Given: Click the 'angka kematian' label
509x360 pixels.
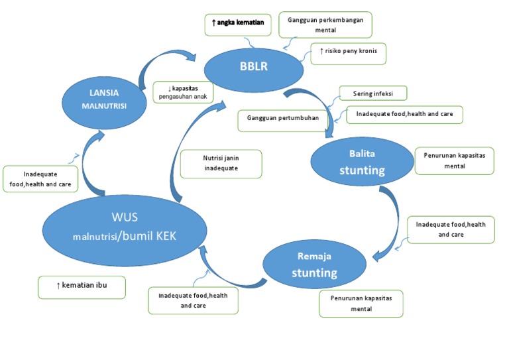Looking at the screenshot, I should point(238,24).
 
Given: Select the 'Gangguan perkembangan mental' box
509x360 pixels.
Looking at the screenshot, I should point(325,25).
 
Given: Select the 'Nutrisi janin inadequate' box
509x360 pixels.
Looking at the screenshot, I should point(221,164).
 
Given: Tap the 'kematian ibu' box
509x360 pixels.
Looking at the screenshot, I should point(82,286).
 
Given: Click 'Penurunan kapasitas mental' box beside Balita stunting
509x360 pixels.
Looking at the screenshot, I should point(454,160).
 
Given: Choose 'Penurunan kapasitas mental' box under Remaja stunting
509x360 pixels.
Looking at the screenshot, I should point(361,304).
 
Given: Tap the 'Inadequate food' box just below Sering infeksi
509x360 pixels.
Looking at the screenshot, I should point(404,114).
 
